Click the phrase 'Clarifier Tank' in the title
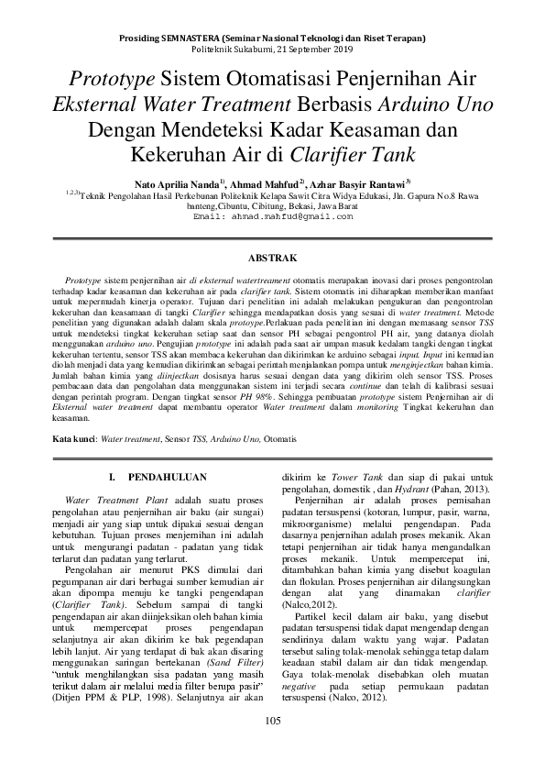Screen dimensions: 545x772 point(353,152)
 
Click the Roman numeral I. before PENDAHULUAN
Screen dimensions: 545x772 point(112,477)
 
